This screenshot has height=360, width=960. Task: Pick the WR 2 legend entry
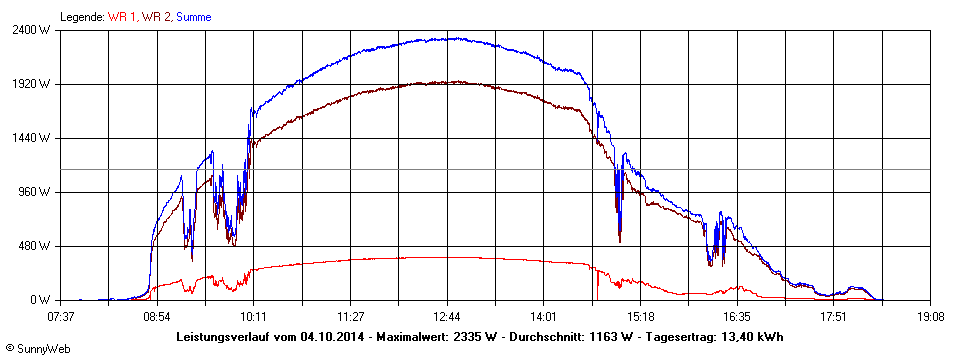tap(156, 17)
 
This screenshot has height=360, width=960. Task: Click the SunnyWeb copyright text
tap(39, 348)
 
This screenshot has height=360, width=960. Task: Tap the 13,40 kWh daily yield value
tap(754, 337)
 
